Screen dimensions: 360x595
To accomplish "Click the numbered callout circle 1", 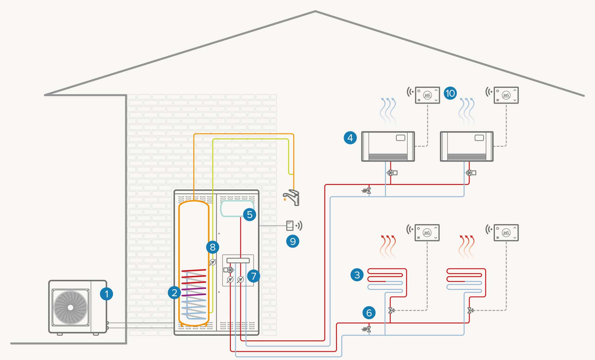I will click(106, 294).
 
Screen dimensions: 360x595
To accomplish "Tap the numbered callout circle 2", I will click(174, 293).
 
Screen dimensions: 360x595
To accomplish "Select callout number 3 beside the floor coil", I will click(357, 275).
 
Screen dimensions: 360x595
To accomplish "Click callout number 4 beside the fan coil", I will click(350, 138).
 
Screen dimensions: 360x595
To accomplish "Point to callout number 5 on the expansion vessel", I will click(249, 215).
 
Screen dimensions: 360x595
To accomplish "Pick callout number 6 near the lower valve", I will click(369, 313).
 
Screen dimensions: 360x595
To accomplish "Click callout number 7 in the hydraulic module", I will click(253, 276).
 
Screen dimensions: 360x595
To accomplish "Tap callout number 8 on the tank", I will click(213, 247).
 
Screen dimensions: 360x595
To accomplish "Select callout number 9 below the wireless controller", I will click(292, 241).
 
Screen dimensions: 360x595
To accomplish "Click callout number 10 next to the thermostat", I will click(450, 93).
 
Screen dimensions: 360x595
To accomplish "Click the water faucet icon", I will click(292, 198).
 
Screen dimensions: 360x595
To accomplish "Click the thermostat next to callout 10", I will click(427, 95).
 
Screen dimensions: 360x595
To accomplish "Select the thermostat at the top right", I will click(506, 95).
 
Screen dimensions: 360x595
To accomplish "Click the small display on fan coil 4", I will click(400, 138).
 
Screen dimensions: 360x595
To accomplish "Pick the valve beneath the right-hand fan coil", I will click(470, 173).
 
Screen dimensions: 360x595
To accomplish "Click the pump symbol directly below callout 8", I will click(213, 262).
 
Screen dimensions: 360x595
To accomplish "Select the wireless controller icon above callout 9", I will click(290, 226).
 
